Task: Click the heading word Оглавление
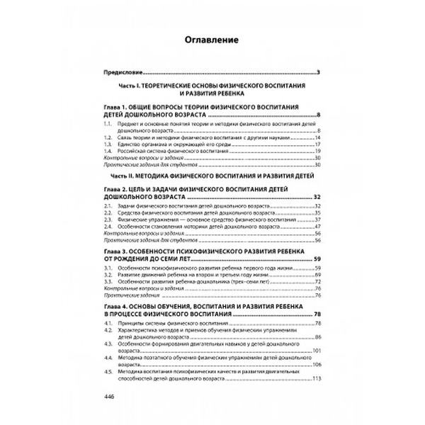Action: [212, 40]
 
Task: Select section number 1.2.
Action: [108, 138]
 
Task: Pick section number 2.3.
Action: [108, 218]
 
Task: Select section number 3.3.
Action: [108, 282]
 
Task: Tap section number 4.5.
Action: [108, 370]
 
